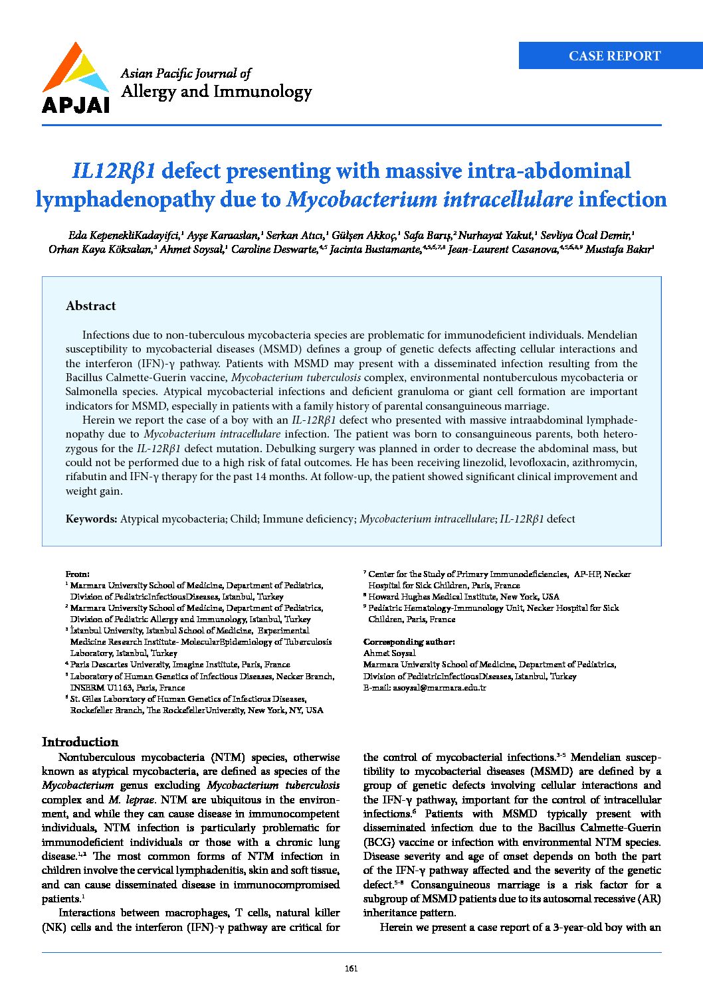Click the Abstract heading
pyautogui.click(x=90, y=306)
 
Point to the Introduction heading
pyautogui.click(x=80, y=742)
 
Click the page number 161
pyautogui.click(x=351, y=968)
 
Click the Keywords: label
pyautogui.click(x=91, y=519)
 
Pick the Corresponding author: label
pyautogui.click(x=409, y=642)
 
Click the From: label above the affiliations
pyautogui.click(x=77, y=574)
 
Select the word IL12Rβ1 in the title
pyautogui.click(x=114, y=171)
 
